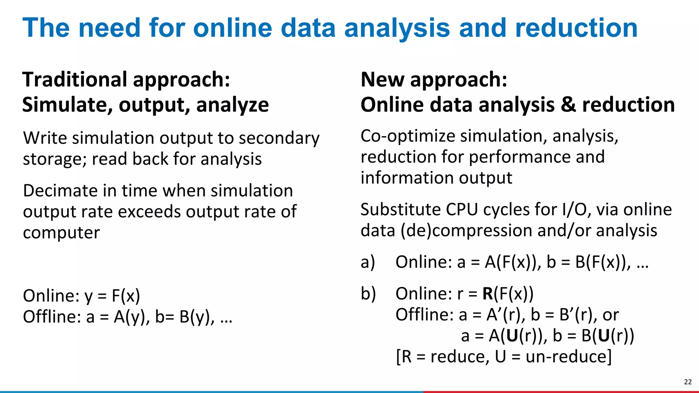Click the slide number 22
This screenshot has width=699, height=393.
688,382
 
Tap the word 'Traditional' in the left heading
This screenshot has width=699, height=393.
75,79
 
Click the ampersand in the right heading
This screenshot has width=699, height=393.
568,104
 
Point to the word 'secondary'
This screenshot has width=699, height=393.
279,138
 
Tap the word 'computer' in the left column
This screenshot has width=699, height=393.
61,233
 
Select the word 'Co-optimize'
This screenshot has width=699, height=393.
408,136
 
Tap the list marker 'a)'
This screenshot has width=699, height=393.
368,262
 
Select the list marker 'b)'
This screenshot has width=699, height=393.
368,294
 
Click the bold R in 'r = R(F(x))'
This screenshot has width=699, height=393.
488,294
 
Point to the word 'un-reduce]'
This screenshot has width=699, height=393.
569,357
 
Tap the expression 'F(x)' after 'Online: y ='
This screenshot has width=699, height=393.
126,296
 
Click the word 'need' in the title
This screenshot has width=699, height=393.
110,28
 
